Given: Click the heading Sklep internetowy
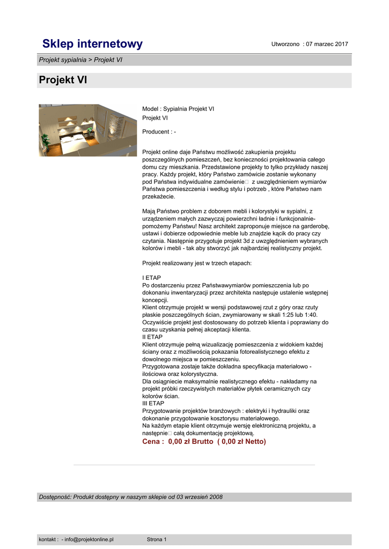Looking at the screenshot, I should [93, 44].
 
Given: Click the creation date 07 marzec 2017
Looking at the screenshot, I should [327, 44].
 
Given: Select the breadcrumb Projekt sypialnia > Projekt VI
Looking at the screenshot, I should [80, 60].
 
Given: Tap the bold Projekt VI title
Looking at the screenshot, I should [63, 80].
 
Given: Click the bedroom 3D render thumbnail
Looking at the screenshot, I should [87, 130].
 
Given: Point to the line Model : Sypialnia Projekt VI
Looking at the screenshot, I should [178, 109].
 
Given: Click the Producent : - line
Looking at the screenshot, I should [159, 131].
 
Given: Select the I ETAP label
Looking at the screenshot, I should [152, 278].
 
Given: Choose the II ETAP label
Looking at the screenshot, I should [153, 337].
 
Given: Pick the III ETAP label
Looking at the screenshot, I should [154, 403].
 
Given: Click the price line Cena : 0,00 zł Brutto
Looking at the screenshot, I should [204, 441].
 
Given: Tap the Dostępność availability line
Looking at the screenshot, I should [130, 497].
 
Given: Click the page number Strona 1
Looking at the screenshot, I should [157, 539].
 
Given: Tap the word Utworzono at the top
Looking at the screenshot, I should [285, 44].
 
